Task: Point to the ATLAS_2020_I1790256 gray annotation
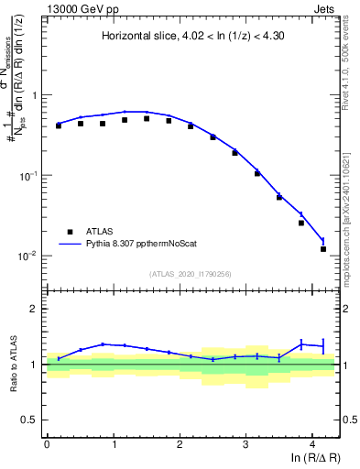192,274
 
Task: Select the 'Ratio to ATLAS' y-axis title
13,364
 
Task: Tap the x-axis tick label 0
47,442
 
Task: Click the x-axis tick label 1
114,442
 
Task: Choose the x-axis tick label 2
180,442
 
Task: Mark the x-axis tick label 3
246,442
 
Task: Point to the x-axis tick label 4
312,442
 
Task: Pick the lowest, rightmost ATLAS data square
323,248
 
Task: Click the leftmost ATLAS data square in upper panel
59,125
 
